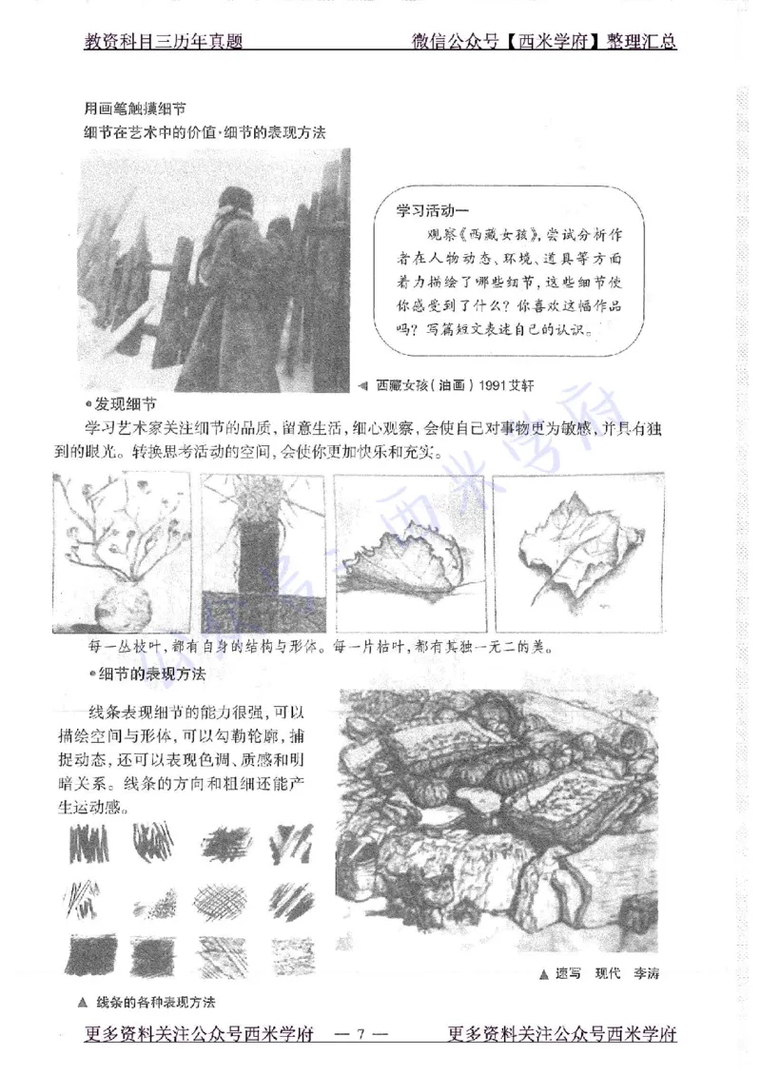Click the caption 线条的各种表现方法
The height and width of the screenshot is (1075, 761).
(157, 1002)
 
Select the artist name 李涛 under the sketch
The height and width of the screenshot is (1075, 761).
(647, 973)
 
